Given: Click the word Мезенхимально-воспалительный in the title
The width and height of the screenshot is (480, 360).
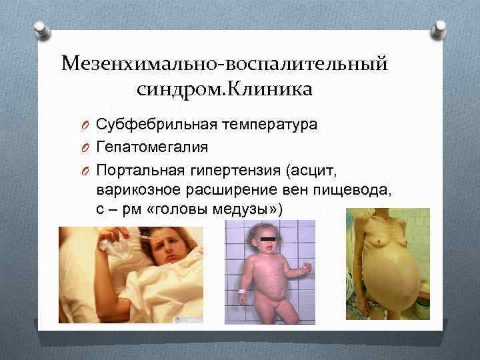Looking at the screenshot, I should coord(224,64).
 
